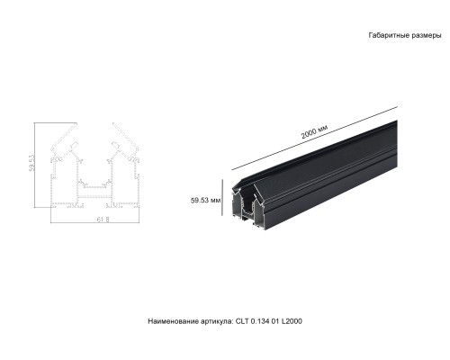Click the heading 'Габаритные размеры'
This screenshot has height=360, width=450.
coord(405,36)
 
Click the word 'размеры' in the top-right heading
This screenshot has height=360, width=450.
coord(426,36)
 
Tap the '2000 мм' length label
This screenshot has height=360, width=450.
coord(314,132)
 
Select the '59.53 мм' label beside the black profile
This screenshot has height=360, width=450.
coord(206,201)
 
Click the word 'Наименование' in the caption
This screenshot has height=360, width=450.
coord(173,321)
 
